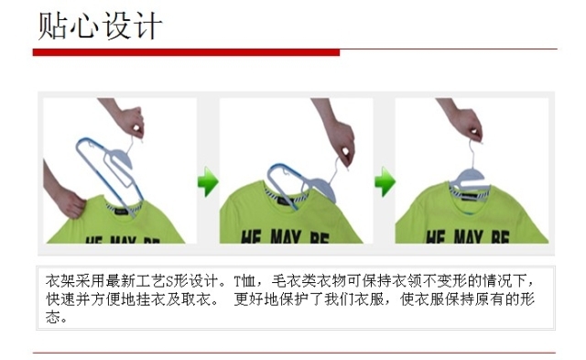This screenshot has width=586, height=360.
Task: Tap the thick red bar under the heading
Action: point(186,52)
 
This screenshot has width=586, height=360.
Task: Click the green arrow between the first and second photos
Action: point(208,181)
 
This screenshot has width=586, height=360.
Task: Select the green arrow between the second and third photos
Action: point(385,181)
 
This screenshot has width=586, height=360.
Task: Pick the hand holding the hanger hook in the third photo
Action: point(463,120)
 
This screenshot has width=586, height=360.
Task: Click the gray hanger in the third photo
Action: point(470,180)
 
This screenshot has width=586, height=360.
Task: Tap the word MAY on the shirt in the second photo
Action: point(286,237)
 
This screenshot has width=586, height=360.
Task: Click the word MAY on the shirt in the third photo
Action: point(469,237)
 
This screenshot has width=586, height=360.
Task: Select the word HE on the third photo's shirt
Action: point(437,237)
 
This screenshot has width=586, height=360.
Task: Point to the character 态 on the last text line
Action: point(53,317)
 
